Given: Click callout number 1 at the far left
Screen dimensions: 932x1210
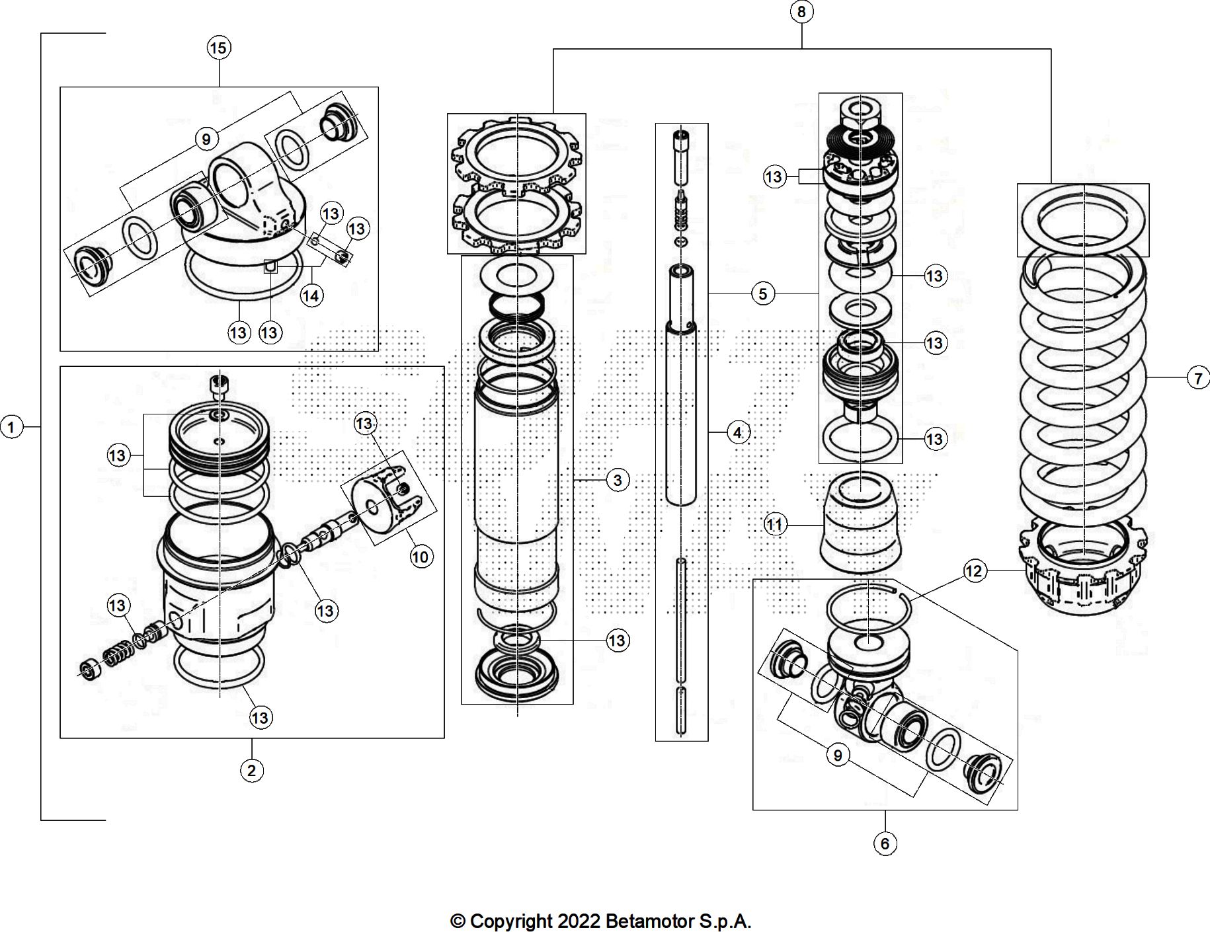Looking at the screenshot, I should (x=11, y=427).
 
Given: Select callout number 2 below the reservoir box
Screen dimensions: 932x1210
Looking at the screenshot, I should (x=251, y=770).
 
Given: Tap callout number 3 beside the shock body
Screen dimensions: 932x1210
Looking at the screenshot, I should (x=618, y=480).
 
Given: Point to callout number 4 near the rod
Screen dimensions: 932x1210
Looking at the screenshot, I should (x=738, y=432).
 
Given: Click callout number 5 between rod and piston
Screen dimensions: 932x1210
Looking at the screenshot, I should (x=762, y=293).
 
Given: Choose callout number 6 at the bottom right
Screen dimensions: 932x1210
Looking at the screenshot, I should (x=885, y=843).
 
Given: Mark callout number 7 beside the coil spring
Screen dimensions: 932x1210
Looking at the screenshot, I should (x=1198, y=378).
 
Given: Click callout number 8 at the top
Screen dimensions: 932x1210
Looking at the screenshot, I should (x=801, y=12).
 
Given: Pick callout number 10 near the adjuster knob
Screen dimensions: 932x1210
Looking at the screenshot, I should (x=421, y=557).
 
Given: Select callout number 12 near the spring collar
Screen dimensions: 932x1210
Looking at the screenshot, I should (x=975, y=571).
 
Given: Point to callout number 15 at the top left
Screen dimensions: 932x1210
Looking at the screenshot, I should (x=218, y=48).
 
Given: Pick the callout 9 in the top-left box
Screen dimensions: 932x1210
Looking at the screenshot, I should (x=206, y=139).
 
